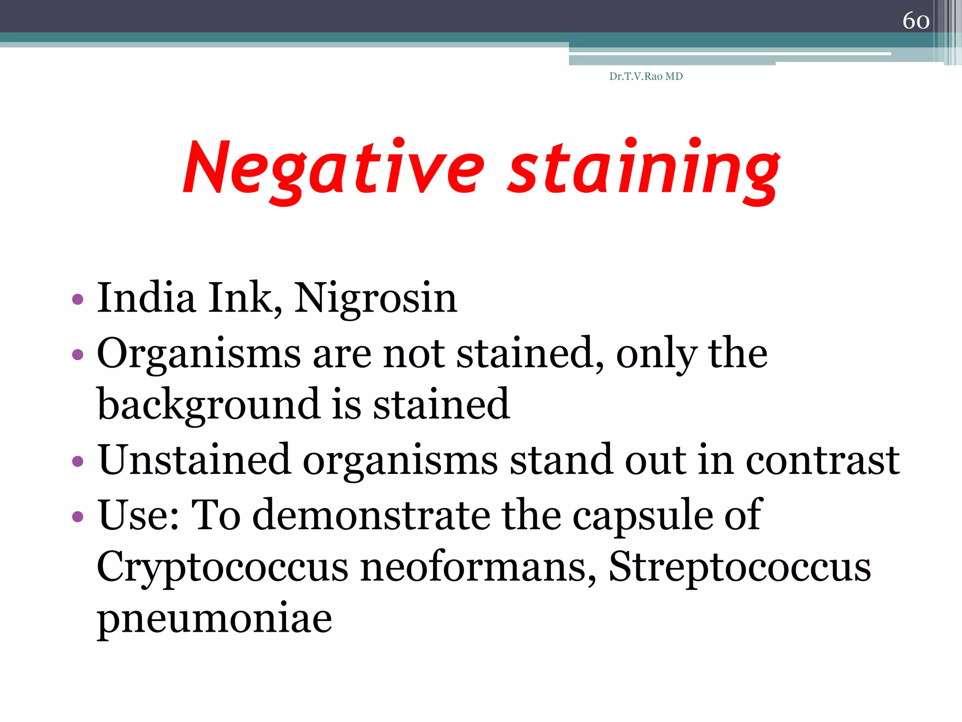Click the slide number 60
915,21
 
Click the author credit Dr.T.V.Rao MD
646,77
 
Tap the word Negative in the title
334,169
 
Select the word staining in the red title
644,169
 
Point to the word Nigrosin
375,299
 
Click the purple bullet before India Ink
78,299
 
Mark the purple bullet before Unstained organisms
78,461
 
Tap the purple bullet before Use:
78,517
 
